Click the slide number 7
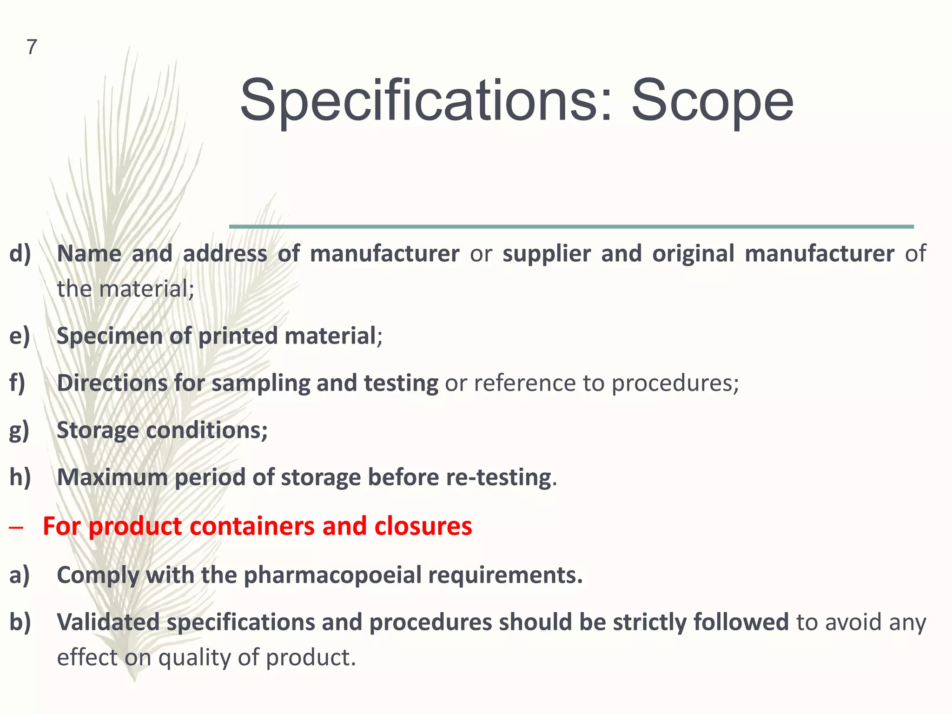32,47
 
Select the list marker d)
20,254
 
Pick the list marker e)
20,336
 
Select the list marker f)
18,383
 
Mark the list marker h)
20,477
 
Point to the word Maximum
112,477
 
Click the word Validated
108,622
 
